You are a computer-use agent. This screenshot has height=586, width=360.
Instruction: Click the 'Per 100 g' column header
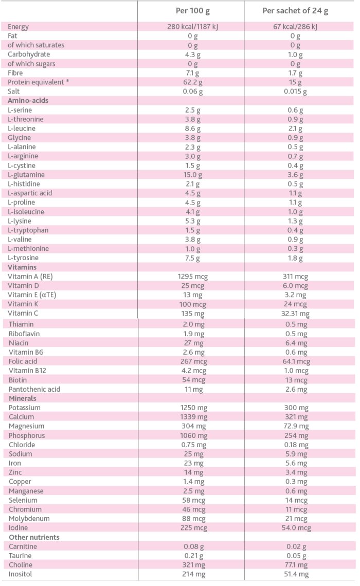click(x=193, y=11)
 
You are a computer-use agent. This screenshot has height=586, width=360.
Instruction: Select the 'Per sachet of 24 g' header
click(x=295, y=11)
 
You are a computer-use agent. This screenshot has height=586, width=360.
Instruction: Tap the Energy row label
click(x=19, y=27)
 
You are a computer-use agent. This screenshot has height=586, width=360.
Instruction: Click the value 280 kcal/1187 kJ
click(x=193, y=27)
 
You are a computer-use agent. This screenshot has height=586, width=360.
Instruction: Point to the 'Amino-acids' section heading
click(x=28, y=101)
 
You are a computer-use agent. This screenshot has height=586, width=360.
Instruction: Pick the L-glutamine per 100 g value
click(x=193, y=175)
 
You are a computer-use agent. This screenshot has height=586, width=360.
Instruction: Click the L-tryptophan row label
click(x=28, y=230)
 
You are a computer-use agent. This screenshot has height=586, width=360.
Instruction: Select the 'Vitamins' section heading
click(x=22, y=267)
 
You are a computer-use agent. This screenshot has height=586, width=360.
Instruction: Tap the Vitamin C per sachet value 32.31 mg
click(x=295, y=314)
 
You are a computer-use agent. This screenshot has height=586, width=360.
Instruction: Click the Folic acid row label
click(x=23, y=361)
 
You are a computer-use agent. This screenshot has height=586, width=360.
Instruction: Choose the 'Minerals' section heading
click(x=22, y=398)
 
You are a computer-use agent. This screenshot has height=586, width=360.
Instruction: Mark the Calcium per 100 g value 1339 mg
click(x=193, y=417)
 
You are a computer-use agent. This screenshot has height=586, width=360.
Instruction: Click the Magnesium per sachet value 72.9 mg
click(x=295, y=426)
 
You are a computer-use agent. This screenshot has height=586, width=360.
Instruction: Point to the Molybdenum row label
click(x=29, y=519)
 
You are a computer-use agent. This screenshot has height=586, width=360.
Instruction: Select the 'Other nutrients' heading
click(x=34, y=537)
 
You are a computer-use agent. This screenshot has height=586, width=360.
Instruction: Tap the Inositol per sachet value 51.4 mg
click(x=295, y=574)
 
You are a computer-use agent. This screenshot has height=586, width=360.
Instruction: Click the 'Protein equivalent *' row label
click(x=36, y=82)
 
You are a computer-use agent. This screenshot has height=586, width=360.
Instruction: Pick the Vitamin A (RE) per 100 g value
click(x=193, y=277)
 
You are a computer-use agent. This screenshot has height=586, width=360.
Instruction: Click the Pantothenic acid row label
click(x=34, y=389)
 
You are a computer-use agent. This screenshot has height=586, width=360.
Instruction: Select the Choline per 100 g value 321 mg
click(x=193, y=565)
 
